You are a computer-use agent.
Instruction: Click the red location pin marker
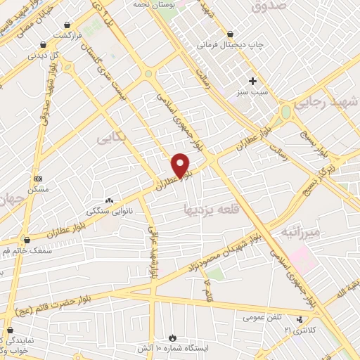181,165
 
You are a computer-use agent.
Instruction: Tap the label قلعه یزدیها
207,209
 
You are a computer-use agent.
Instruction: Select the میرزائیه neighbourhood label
300,231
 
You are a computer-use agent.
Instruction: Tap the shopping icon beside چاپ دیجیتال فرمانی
231,34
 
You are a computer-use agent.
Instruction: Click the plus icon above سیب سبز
252,81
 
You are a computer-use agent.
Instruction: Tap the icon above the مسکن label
38,179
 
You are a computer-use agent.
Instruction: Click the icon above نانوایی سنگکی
109,200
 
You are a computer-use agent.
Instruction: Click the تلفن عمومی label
262,317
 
